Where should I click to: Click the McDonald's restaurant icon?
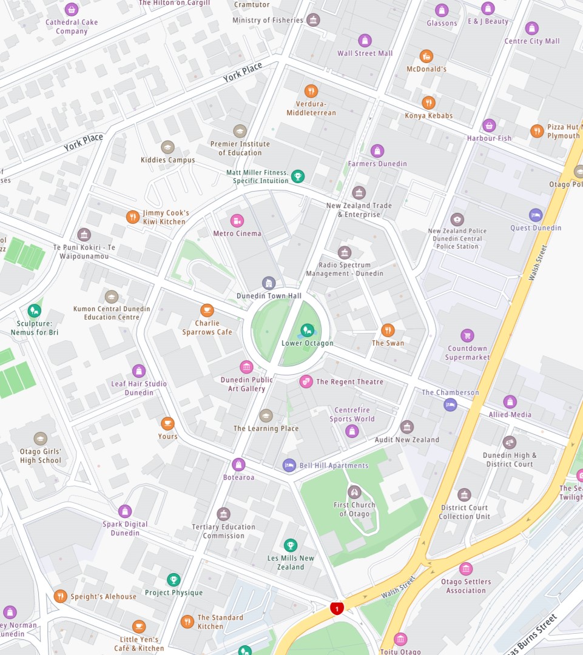pyautogui.click(x=426, y=56)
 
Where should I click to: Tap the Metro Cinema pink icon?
pyautogui.click(x=237, y=221)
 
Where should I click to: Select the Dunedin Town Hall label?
pyautogui.click(x=269, y=296)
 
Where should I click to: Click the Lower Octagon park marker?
pyautogui.click(x=307, y=331)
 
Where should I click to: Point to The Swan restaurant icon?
pyautogui.click(x=388, y=331)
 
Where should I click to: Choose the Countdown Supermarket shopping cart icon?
pyautogui.click(x=467, y=335)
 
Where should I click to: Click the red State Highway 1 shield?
pyautogui.click(x=337, y=608)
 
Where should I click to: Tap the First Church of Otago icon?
pyautogui.click(x=354, y=492)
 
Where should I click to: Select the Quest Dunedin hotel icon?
pyautogui.click(x=535, y=215)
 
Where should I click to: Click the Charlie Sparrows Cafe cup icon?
pyautogui.click(x=207, y=311)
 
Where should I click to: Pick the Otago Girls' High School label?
pyautogui.click(x=41, y=456)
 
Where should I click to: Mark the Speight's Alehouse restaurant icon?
pyautogui.click(x=60, y=596)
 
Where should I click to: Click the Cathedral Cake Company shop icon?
pyautogui.click(x=72, y=10)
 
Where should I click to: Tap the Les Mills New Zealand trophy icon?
pyautogui.click(x=291, y=545)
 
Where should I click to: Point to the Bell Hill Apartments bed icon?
pyautogui.click(x=289, y=465)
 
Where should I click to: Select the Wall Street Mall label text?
pyautogui.click(x=365, y=53)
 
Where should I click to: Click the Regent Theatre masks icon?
pyautogui.click(x=306, y=381)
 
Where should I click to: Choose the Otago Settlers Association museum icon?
pyautogui.click(x=465, y=569)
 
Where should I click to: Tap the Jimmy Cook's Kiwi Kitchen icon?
pyautogui.click(x=133, y=217)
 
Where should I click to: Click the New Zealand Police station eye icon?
pyautogui.click(x=457, y=220)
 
